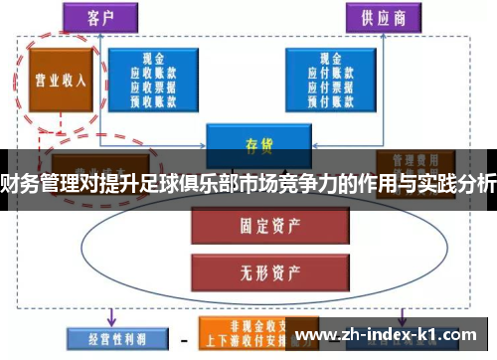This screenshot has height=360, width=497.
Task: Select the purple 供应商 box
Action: (381, 18)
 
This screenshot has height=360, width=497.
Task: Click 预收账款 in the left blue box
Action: (152, 99)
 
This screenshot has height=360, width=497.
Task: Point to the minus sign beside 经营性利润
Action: (183, 340)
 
